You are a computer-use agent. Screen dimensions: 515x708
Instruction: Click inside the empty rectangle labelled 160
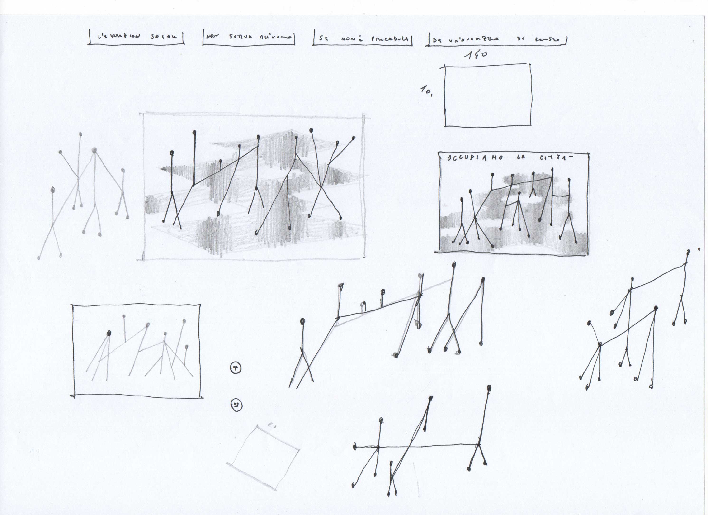point(488,95)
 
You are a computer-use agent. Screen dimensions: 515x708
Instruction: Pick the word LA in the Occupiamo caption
point(521,158)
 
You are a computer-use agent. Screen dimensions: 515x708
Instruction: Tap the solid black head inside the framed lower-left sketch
point(109,333)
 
